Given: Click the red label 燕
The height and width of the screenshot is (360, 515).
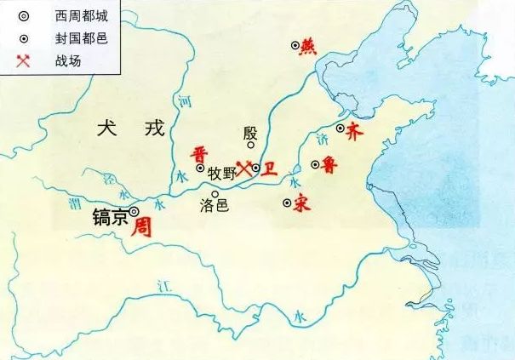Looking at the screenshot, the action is (x=309, y=48).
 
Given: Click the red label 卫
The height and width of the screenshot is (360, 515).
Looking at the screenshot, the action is (x=269, y=169).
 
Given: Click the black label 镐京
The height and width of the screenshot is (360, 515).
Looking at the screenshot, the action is (x=109, y=218).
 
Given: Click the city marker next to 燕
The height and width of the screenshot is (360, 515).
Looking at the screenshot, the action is (x=295, y=46).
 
